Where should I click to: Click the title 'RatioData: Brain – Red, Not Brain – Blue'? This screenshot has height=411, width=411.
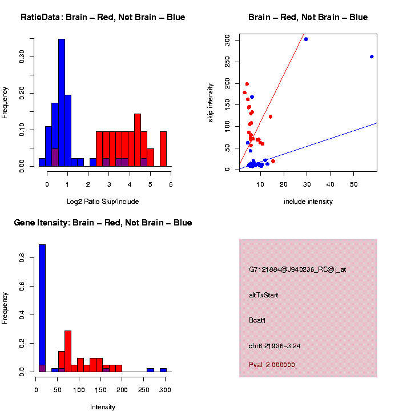(103, 17)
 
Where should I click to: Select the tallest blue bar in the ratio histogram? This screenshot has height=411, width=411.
(62, 103)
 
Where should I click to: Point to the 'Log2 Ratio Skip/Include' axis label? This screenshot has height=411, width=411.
(102, 202)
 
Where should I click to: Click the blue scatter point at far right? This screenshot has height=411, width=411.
(372, 57)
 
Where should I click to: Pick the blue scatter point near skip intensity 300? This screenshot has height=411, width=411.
(306, 39)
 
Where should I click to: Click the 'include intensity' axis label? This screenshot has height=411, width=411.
(308, 202)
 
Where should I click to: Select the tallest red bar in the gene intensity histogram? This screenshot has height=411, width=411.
(68, 351)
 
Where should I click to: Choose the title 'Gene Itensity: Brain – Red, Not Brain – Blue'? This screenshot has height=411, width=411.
(103, 223)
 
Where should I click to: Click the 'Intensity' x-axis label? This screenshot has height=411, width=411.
(103, 407)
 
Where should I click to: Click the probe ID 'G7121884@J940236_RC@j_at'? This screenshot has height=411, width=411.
(297, 269)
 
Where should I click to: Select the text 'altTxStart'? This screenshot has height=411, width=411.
(264, 295)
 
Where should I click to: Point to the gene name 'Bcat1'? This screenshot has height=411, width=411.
(257, 320)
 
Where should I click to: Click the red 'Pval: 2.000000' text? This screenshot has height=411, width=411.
(272, 365)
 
